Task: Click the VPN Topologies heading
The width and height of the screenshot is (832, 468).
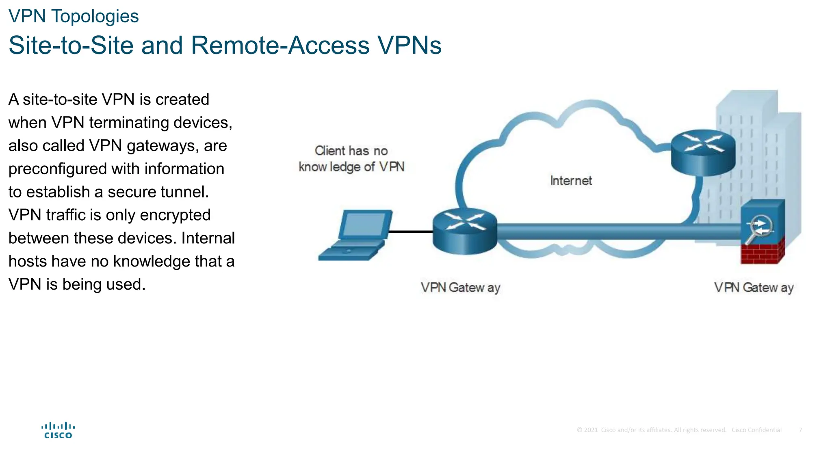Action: tap(74, 17)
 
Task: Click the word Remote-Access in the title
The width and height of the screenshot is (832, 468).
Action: tap(280, 45)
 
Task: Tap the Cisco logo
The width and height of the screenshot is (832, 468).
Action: tap(58, 430)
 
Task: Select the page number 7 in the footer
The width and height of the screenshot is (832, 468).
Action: tap(800, 430)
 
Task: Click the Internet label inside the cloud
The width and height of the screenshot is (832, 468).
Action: tap(571, 181)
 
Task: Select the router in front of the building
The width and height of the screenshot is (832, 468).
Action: tap(703, 152)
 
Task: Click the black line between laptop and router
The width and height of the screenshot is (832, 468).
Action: tap(410, 232)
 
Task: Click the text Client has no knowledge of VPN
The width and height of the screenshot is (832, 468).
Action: tap(351, 159)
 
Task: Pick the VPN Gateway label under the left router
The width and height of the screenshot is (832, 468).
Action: tap(460, 288)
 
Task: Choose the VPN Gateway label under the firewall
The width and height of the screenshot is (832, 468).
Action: tap(754, 288)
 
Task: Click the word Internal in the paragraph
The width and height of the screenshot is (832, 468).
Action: tap(208, 238)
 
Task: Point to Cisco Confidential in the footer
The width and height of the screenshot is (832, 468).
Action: tap(756, 430)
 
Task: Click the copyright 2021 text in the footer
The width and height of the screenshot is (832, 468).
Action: tap(587, 430)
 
